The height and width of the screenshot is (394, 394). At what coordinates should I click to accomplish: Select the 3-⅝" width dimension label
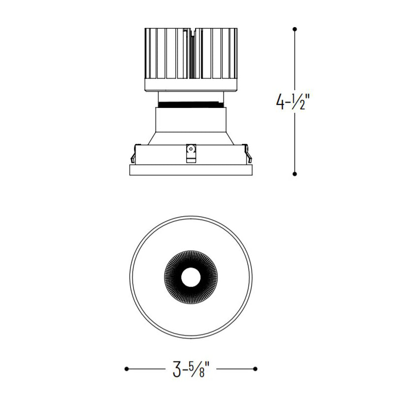[191, 369]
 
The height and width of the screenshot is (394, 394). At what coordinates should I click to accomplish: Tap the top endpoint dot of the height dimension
[295, 29]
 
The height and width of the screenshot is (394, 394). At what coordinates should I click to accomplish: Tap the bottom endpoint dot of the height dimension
[295, 174]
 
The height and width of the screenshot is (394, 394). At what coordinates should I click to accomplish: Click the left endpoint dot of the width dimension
[127, 369]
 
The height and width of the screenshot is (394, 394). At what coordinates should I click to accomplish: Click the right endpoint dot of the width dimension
[255, 369]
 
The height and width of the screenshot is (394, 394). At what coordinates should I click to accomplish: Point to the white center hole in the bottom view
[191, 277]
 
